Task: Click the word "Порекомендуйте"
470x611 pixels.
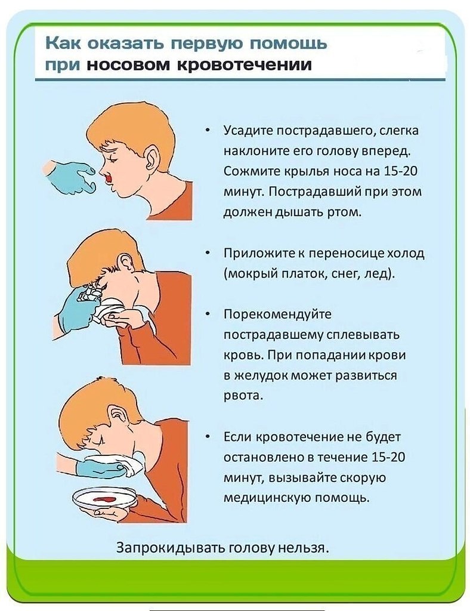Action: coord(277,314)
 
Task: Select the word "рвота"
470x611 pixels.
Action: coord(243,396)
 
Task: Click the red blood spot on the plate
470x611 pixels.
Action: coord(103,499)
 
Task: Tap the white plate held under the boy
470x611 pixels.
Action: coord(104,498)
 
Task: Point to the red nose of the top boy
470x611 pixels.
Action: coord(109,178)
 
